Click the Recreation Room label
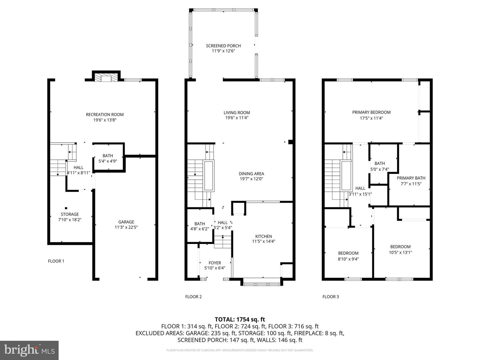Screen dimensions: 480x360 (105, 115)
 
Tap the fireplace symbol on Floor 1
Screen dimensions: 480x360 (106, 77)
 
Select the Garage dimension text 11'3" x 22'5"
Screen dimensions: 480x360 (126, 227)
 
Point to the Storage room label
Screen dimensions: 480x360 (70, 214)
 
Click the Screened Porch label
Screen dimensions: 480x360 (223, 46)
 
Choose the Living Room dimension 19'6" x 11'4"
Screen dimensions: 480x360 (237, 118)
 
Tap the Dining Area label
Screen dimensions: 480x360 (251, 174)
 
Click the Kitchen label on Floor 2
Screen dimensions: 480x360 (264, 236)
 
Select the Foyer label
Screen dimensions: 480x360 (215, 263)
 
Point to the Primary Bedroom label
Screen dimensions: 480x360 (371, 112)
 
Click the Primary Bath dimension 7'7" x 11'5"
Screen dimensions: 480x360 (411, 184)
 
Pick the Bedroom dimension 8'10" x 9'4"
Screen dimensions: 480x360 (348, 259)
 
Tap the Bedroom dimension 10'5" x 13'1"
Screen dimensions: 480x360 (400, 252)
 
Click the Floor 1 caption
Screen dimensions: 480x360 (56, 261)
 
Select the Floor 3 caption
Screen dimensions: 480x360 (331, 297)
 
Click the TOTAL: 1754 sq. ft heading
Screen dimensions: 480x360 (240, 319)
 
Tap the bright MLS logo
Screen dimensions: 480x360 (29, 350)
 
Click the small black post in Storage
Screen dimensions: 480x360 (66, 208)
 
